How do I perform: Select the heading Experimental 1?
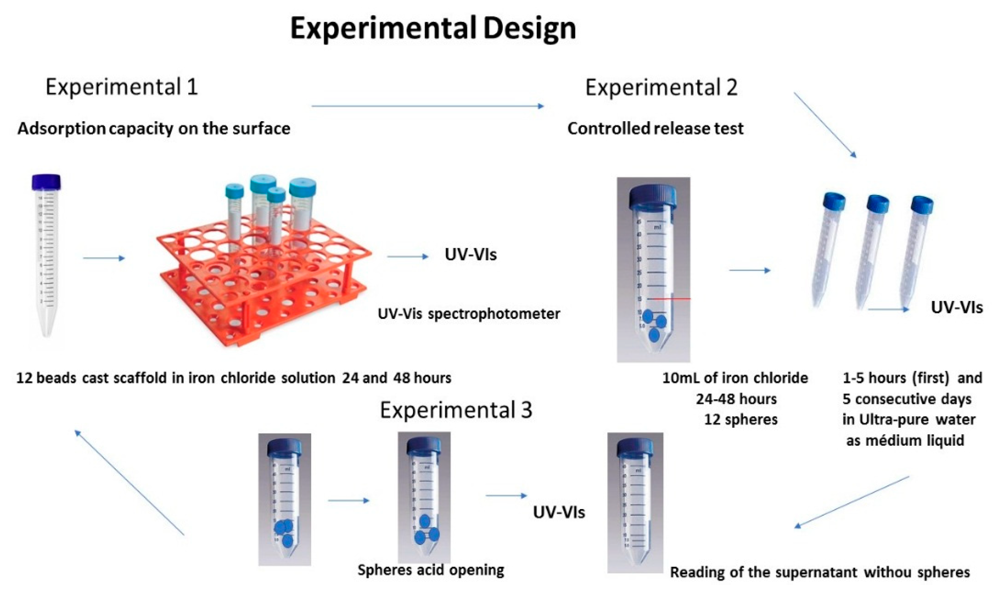pos(122,87)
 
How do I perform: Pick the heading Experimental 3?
pos(456,410)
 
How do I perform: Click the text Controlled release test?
pos(655,128)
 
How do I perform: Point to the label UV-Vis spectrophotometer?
pos(469,314)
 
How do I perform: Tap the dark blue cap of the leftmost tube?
pos(46,182)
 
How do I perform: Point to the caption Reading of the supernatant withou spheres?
pos(820,572)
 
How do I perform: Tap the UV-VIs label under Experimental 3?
pos(559,512)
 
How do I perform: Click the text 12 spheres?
pos(741,420)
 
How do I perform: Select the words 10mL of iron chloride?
pos(735,378)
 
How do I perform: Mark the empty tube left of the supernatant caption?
pos(635,503)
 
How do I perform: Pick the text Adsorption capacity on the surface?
pos(154,128)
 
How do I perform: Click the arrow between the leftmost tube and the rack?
pos(104,259)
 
